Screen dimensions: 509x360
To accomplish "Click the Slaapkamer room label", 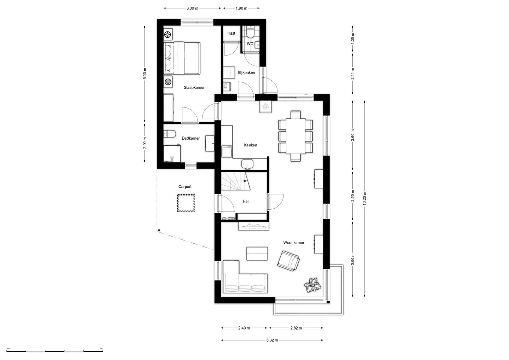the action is click(194, 87).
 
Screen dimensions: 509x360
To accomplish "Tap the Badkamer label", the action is click(191, 138).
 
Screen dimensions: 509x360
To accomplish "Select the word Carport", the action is click(185, 187).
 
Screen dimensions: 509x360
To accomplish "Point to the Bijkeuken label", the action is click(246, 72).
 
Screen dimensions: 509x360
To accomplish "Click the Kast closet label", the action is click(231, 33).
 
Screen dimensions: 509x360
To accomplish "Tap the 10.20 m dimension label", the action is click(364, 198).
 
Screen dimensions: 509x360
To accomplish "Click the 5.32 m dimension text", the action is click(272, 340).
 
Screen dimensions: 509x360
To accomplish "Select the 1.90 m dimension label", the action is click(241, 8).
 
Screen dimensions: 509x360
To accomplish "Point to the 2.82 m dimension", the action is click(296, 328).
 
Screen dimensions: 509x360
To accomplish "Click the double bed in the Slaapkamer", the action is click(182, 58).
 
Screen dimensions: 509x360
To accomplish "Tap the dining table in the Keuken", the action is click(296, 136).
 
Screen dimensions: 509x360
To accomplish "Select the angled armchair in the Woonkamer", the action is click(288, 261).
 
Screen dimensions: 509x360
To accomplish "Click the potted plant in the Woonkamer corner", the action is click(313, 285).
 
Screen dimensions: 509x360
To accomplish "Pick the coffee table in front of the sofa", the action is click(257, 254).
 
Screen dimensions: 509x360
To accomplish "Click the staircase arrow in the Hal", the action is click(245, 181).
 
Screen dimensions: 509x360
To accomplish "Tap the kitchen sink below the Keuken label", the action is click(247, 164).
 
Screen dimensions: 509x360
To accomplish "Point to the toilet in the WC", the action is click(250, 32).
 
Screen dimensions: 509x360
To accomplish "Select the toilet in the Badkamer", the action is click(170, 134).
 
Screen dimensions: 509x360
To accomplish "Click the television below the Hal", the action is click(253, 226).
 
